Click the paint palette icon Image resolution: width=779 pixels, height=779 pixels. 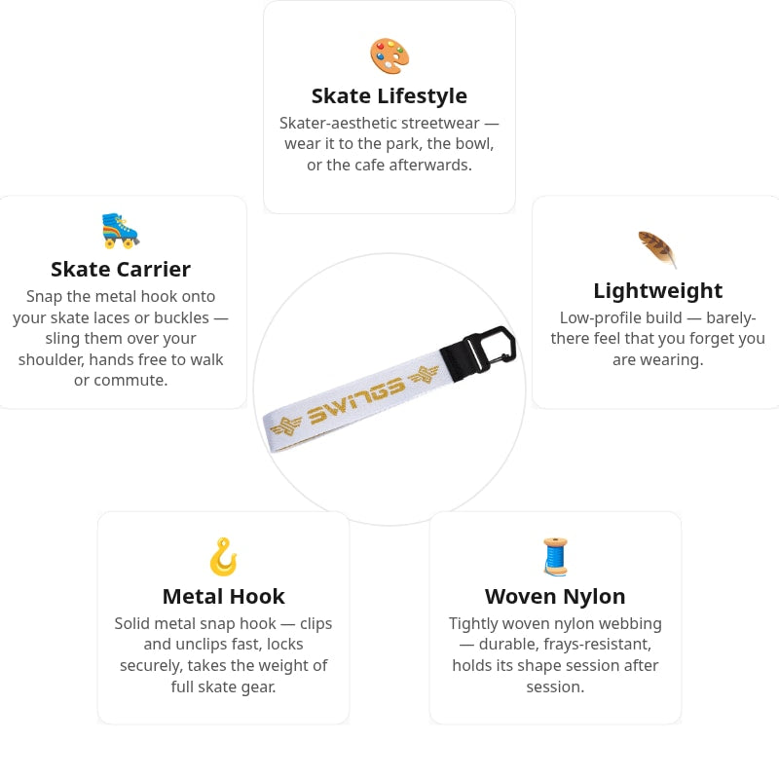click(389, 56)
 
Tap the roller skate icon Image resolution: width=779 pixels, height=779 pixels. click(120, 231)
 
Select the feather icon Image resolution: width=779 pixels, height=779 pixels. click(657, 249)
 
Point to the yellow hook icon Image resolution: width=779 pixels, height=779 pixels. click(223, 557)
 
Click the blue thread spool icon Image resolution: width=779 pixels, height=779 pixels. click(555, 556)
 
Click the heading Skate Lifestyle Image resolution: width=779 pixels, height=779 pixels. click(389, 95)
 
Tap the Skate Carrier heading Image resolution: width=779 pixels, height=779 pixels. click(121, 270)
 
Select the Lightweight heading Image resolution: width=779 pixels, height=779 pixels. click(658, 290)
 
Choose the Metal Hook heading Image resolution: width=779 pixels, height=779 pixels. click(224, 596)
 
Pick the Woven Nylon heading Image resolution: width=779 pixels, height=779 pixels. click(555, 596)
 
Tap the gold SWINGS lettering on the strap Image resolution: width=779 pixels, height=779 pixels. click(355, 400)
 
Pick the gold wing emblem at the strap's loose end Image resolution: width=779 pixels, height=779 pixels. click(285, 427)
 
